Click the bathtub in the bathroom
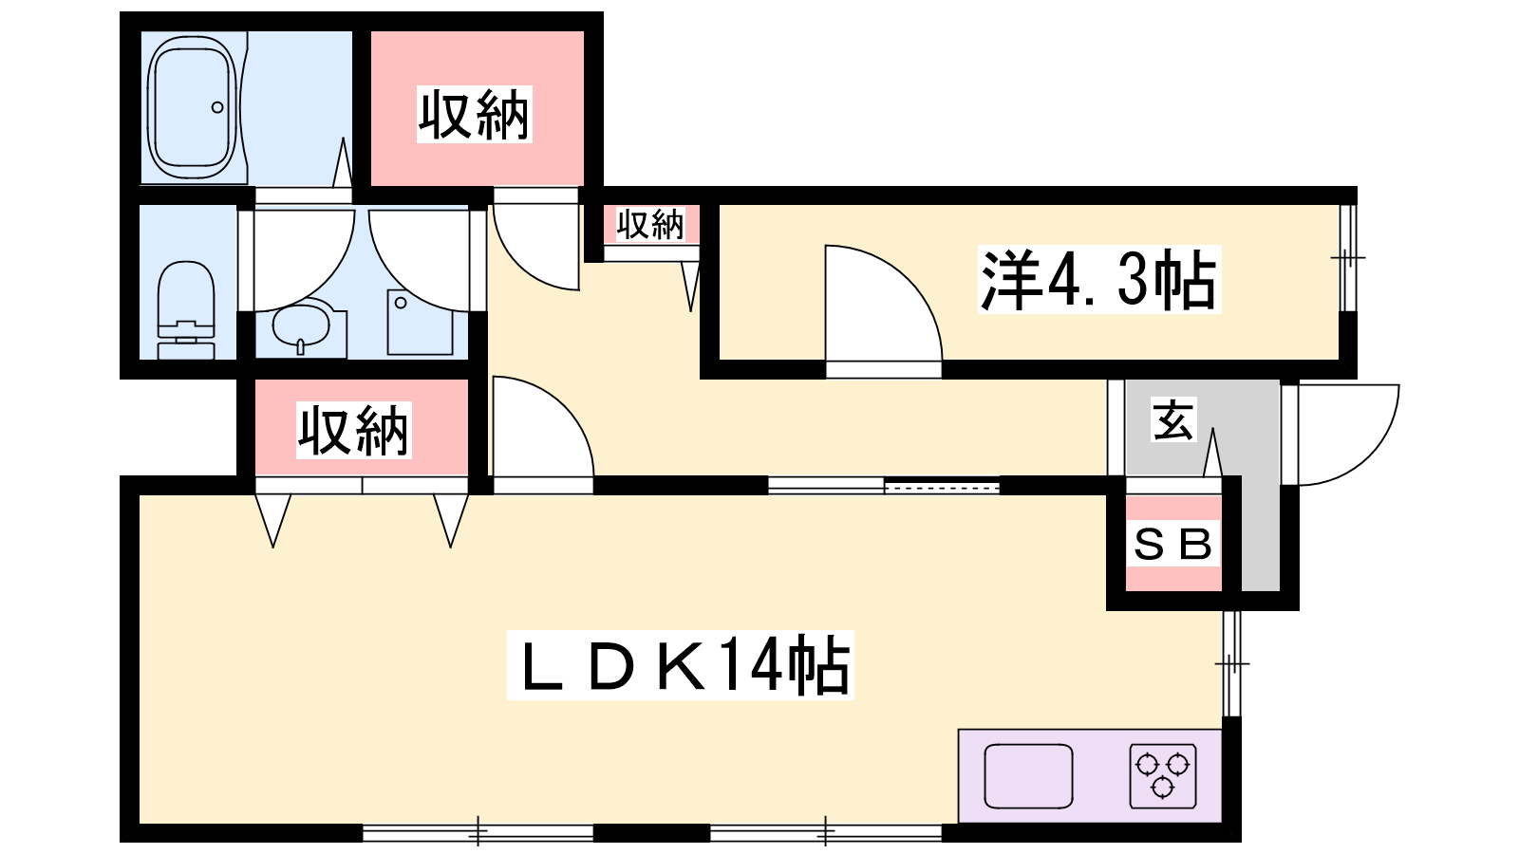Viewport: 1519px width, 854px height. coord(193,107)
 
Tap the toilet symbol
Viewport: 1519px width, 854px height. coord(186,309)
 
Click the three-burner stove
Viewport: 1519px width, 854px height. coord(1162,776)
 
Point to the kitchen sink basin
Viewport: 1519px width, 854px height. coord(1028,776)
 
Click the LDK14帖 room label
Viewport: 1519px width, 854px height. coord(680,665)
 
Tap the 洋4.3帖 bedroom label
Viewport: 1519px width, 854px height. coord(1099,279)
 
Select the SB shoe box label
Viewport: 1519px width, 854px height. coord(1173,544)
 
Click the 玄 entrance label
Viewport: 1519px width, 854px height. coord(1172,419)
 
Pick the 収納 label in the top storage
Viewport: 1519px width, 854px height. coord(474,115)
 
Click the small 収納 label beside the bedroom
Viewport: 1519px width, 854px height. coord(649,224)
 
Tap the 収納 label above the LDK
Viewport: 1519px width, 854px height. coord(353,431)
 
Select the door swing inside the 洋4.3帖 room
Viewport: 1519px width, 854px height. coord(908,279)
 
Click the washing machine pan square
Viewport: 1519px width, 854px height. coord(420,322)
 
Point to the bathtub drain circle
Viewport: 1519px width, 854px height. coord(217,107)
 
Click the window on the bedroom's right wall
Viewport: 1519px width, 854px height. coord(1348,257)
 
